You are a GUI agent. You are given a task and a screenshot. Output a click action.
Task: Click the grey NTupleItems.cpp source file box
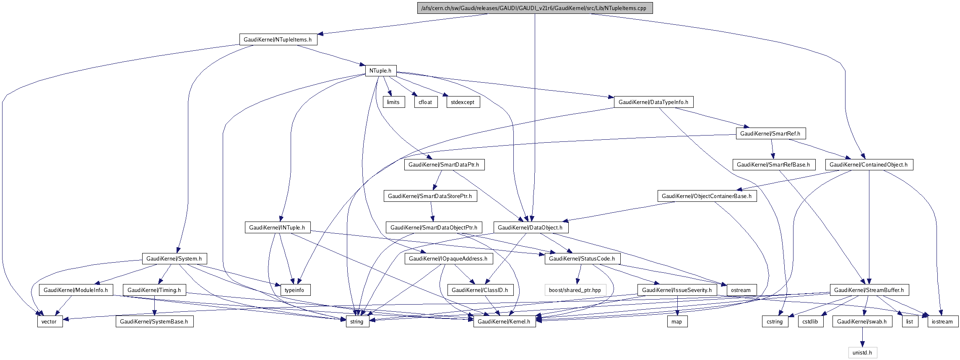[x=535, y=8]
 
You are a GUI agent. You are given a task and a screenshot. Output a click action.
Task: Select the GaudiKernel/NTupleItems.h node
[x=278, y=40]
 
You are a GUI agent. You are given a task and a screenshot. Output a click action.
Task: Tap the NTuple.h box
[x=380, y=71]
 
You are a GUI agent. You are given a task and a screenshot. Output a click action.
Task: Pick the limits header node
[x=393, y=102]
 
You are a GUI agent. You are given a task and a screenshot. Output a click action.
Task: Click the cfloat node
[x=425, y=102]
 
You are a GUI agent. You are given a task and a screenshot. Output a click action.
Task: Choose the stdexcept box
[x=463, y=102]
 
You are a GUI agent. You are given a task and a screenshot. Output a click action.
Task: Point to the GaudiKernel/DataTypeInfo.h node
[x=653, y=102]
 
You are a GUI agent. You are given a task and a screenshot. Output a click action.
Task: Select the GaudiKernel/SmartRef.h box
[x=770, y=134]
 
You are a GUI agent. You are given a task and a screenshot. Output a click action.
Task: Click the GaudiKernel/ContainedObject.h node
[x=869, y=165]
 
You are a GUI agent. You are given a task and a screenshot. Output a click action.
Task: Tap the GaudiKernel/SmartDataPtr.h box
[x=444, y=165]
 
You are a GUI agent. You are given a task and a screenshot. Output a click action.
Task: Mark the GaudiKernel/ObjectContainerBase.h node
[x=707, y=196]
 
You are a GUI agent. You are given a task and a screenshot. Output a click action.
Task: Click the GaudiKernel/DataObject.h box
[x=530, y=228]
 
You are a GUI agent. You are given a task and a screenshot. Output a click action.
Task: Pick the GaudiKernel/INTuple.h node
[x=277, y=228]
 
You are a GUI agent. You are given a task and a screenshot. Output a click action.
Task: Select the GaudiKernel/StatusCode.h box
[x=582, y=259]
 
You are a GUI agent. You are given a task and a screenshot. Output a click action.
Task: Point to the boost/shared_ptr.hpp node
[x=575, y=290]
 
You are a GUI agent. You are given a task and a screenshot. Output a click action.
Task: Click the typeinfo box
[x=294, y=290]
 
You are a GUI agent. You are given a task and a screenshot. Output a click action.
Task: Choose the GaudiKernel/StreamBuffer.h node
[x=869, y=290]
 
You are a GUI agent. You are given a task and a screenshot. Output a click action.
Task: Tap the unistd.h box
[x=862, y=353]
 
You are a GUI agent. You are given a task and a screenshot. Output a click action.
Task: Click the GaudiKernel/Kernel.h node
[x=504, y=322]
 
